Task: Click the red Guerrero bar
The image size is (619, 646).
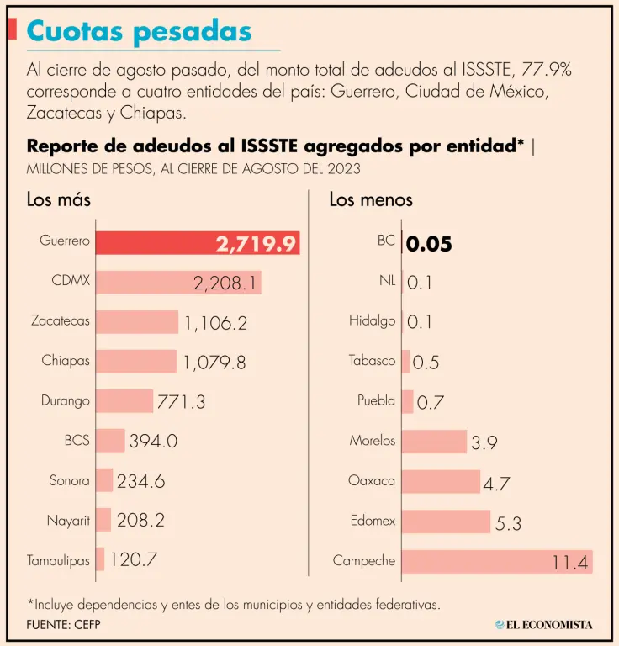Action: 197,242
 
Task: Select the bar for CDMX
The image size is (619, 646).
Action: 178,282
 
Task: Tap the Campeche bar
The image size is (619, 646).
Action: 496,561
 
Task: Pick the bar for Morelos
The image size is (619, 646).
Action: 434,441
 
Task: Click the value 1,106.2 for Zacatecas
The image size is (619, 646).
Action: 215,322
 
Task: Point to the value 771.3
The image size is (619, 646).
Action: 181,401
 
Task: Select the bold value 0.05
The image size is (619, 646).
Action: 429,244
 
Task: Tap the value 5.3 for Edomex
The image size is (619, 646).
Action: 508,523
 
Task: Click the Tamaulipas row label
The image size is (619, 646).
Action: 58,560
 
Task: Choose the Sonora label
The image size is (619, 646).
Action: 69,481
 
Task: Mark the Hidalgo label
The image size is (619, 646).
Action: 372,320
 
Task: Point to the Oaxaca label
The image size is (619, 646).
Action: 372,481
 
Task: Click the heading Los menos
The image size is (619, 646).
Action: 371,200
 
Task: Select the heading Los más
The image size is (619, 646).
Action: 58,200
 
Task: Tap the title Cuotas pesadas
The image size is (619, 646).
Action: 139,31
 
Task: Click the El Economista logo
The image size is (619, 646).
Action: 543,624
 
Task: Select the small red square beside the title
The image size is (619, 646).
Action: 13,29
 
